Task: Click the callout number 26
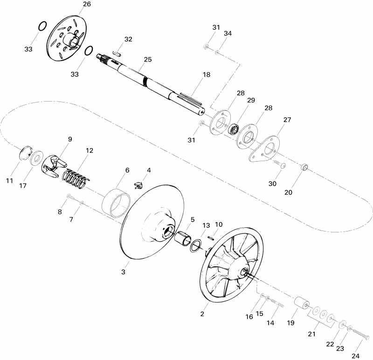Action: (87, 4)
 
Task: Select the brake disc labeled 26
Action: (66, 39)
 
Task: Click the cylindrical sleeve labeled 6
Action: (116, 203)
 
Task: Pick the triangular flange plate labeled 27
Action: (264, 149)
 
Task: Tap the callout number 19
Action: (290, 323)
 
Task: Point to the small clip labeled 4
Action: (138, 185)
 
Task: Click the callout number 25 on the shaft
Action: (148, 60)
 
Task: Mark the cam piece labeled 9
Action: (53, 166)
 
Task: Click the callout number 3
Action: (123, 272)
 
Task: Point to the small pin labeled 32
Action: (117, 53)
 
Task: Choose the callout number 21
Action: (311, 334)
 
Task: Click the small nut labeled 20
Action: (305, 167)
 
